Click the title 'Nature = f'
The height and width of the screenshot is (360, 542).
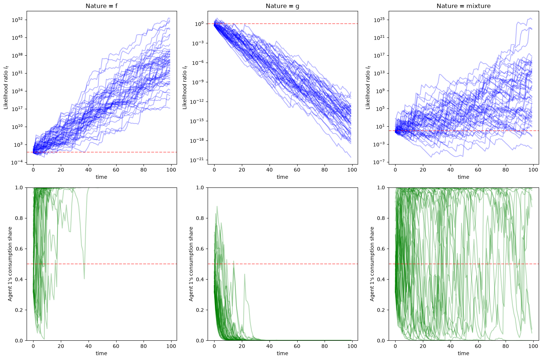102,6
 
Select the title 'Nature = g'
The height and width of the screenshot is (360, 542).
282,6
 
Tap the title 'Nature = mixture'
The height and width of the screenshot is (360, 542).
463,6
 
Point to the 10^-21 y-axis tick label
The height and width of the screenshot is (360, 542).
197,160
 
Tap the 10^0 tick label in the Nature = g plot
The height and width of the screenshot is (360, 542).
200,24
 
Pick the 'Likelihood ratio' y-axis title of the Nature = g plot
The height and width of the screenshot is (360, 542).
185,87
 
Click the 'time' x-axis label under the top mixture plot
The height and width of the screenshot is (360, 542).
463,177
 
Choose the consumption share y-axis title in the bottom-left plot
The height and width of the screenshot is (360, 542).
10,264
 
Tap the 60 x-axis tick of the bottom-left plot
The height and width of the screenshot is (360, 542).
116,346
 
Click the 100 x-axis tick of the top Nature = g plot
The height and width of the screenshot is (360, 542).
352,170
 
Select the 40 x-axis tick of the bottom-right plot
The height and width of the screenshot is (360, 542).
450,346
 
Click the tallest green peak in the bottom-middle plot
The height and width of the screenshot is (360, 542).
217,206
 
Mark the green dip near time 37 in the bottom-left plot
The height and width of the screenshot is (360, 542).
84,278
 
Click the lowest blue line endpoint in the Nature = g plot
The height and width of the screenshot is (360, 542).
351,157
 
